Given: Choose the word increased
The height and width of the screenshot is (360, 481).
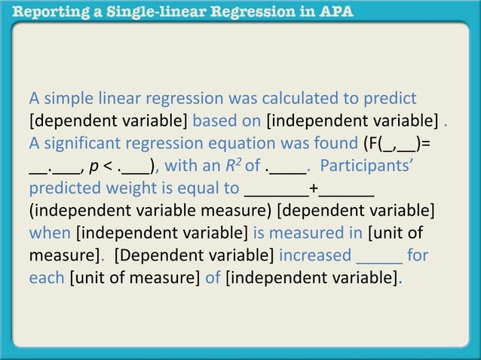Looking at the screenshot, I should pos(315,255).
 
